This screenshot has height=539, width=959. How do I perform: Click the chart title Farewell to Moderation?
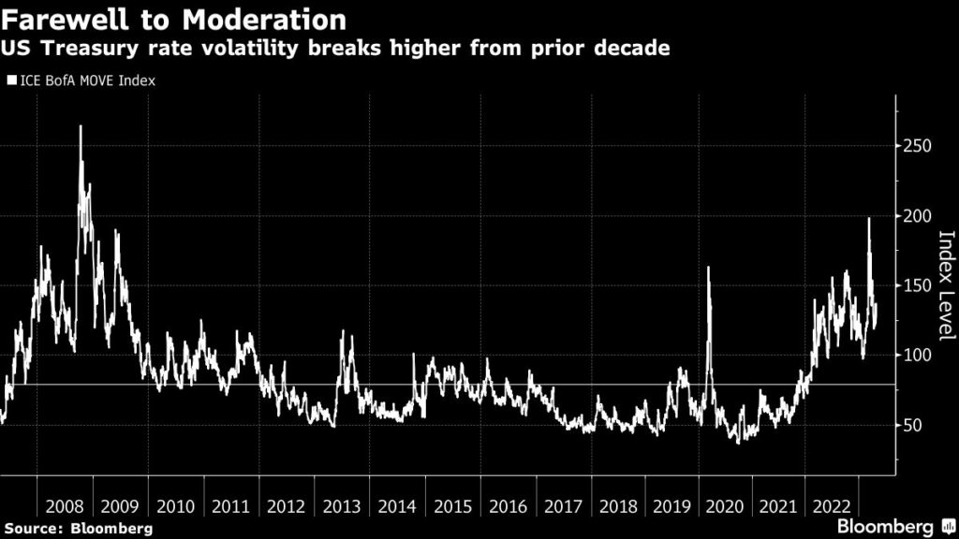coord(173,19)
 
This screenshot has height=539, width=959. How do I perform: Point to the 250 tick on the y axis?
coord(920,146)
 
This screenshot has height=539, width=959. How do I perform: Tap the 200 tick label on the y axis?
coord(920,216)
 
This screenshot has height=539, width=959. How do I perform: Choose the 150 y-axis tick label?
coord(920,285)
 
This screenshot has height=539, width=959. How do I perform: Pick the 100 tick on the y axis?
coord(920,356)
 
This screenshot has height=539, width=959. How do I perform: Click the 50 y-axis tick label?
coord(916,425)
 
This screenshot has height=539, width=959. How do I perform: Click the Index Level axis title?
coord(945,284)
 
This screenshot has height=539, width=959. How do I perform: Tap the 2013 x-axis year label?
coord(342,506)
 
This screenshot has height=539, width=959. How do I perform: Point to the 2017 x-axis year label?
coord(563,506)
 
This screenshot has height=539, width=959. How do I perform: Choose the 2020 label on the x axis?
coord(730,506)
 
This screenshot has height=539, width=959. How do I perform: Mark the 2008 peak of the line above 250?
coord(80,126)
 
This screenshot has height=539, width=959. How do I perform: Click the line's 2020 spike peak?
coord(708,268)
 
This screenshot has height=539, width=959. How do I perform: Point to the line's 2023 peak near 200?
coord(869,218)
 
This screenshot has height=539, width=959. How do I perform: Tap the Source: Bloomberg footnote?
coord(78,529)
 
